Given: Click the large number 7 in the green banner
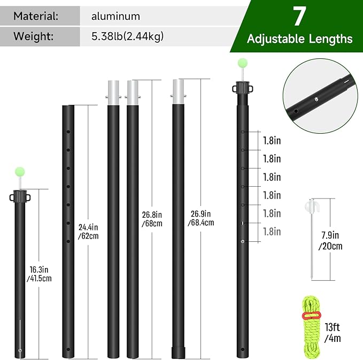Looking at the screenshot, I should pyautogui.click(x=298, y=17).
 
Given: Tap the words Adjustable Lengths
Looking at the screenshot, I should pyautogui.click(x=299, y=39).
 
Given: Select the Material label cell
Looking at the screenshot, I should pyautogui.click(x=37, y=16).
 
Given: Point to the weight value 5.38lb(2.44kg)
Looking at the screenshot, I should pyautogui.click(x=128, y=36).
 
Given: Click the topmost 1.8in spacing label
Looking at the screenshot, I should pyautogui.click(x=272, y=140).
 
